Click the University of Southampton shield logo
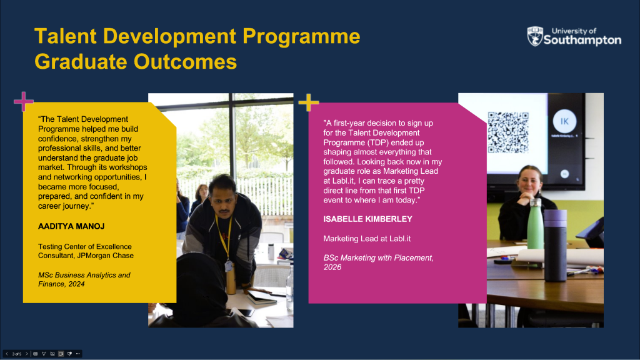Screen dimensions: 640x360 535,36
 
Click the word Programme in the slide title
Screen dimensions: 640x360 301,36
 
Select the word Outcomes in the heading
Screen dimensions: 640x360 185,62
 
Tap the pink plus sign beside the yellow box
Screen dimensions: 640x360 23,101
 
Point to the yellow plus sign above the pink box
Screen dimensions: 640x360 309,102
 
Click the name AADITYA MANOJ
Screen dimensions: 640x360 71,226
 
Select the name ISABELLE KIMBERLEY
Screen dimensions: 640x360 367,219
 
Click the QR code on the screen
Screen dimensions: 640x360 508,132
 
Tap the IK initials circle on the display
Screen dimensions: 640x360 564,121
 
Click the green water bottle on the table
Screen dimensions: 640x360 535,224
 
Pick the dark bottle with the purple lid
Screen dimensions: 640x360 555,246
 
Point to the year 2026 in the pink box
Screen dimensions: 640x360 332,267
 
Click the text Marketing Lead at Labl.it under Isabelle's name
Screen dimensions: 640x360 367,239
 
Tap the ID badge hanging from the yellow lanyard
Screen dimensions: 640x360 229,266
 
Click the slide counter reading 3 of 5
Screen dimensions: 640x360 17,354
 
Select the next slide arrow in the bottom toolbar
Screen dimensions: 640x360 26,354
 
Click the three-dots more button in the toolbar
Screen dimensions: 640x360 77,354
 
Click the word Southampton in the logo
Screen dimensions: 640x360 582,39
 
